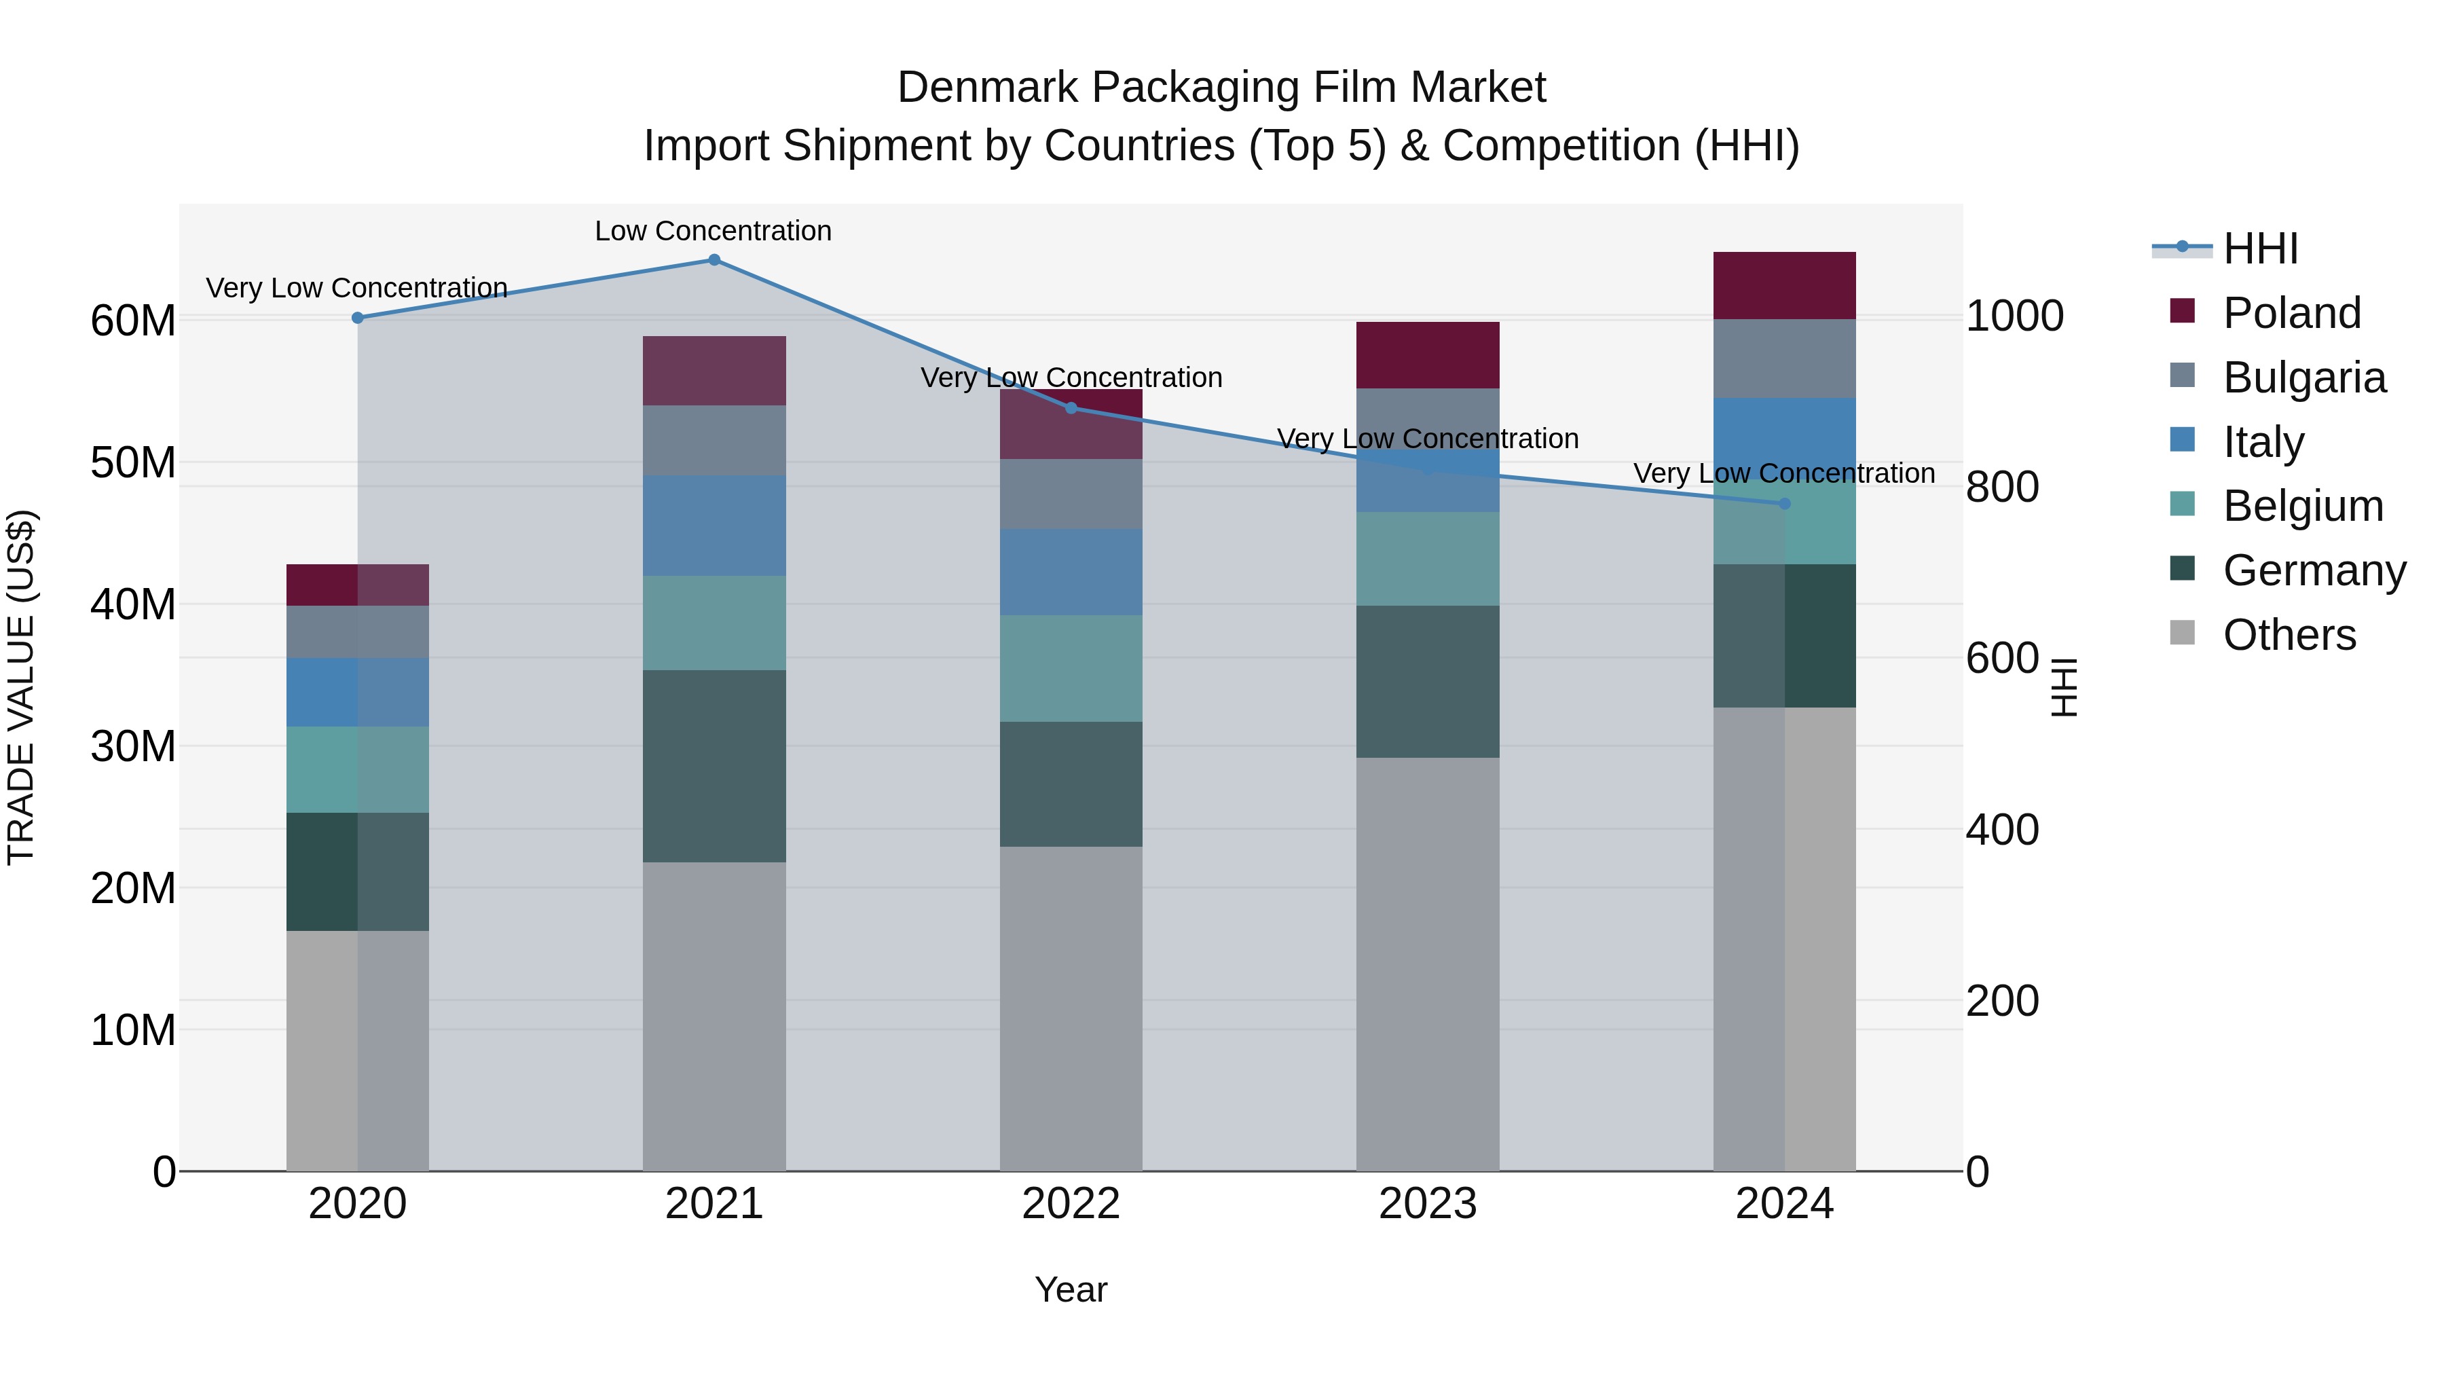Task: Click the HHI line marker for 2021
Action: point(714,260)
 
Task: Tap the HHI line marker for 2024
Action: point(1783,504)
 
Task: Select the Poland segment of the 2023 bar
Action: point(1427,355)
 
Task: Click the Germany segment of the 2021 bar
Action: point(714,766)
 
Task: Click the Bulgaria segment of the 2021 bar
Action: point(714,440)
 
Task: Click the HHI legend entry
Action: point(2260,249)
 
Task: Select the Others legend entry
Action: point(2289,635)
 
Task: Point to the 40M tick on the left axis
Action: point(133,604)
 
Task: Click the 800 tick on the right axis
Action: point(2002,487)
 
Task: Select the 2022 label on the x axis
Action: point(1070,1204)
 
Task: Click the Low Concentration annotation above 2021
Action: point(713,231)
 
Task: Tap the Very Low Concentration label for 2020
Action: point(356,287)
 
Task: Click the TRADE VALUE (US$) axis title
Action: point(21,687)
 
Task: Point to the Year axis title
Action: point(1070,1289)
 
